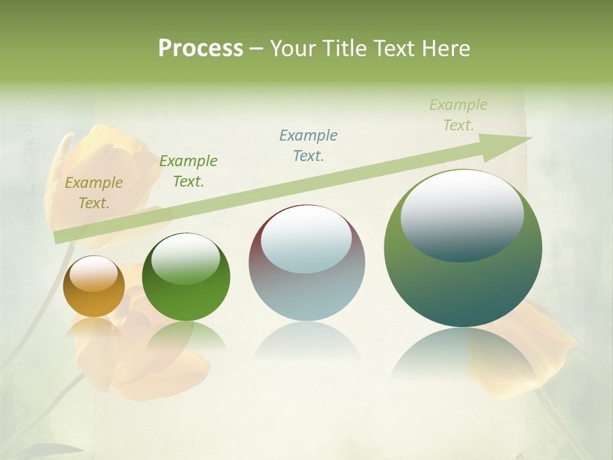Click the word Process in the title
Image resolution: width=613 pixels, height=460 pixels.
click(201, 49)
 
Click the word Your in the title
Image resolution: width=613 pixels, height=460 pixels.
click(292, 49)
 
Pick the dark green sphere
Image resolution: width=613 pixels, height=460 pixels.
click(186, 278)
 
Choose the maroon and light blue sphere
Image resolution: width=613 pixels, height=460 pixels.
click(306, 263)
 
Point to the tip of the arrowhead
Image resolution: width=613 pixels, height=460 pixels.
click(531, 137)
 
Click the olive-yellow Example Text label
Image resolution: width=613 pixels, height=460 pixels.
click(93, 193)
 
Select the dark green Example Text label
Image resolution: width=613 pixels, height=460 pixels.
click(188, 171)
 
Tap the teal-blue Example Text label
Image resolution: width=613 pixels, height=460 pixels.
click(308, 145)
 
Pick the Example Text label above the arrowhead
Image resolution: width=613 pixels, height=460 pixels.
click(458, 115)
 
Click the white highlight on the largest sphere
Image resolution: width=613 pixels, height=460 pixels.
click(462, 214)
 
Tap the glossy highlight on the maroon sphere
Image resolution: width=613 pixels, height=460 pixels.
click(306, 238)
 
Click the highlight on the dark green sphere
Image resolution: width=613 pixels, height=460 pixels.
click(185, 259)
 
